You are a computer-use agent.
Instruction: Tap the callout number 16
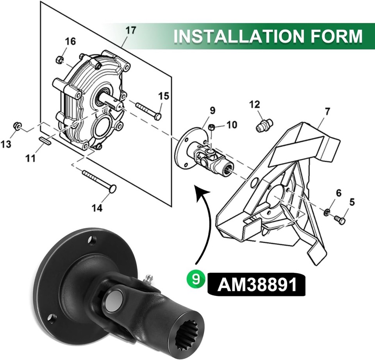coord(70,41)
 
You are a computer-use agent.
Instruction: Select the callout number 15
coord(164,96)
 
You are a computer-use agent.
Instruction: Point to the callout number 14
coord(97,207)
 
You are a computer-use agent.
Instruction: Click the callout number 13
coord(6,145)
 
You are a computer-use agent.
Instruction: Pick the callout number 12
coord(254,105)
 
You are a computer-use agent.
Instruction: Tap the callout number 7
coord(327,112)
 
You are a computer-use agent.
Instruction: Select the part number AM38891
coord(257,285)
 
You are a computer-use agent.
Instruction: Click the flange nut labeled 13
coord(17,126)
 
